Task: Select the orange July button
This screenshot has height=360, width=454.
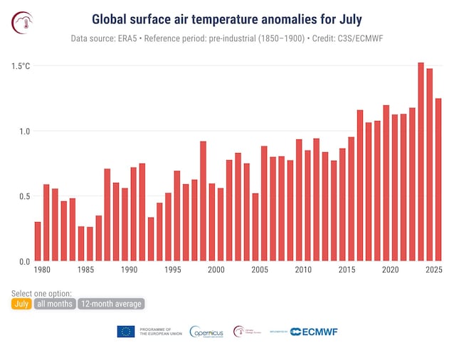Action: [21, 304]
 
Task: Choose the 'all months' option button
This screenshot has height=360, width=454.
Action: [55, 304]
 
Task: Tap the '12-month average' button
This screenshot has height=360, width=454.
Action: [111, 304]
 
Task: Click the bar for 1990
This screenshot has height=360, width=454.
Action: [133, 213]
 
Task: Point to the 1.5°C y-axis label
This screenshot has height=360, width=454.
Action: [21, 66]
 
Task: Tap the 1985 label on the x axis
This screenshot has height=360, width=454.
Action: [85, 271]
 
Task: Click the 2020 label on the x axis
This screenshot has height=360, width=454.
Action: [389, 271]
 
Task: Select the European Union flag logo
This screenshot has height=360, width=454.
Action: [126, 332]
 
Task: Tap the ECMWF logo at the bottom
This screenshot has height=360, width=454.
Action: [314, 332]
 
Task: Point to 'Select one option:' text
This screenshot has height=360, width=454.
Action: [42, 293]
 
